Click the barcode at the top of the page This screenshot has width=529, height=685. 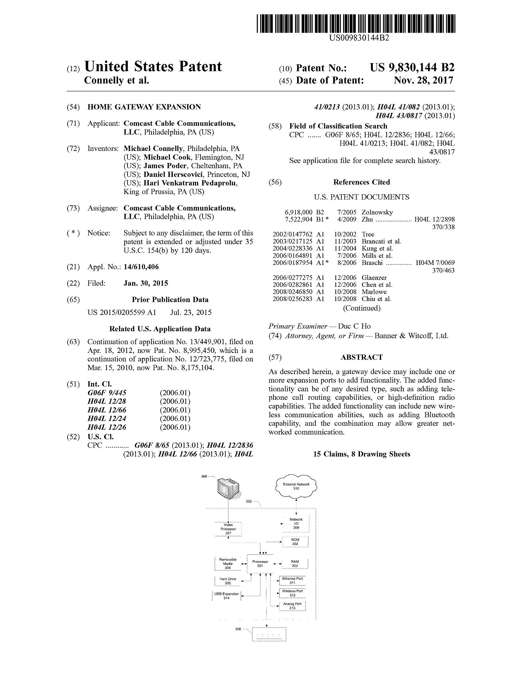(356, 24)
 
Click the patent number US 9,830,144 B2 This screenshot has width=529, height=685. (412, 68)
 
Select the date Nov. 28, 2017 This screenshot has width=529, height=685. (423, 81)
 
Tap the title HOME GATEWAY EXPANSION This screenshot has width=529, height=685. (144, 107)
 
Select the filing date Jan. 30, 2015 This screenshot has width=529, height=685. (146, 283)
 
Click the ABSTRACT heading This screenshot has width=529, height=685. (362, 357)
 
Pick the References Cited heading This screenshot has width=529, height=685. (362, 182)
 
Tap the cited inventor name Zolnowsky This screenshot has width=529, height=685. (377, 212)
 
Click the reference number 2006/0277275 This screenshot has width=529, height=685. (292, 277)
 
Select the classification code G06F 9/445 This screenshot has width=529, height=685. (107, 393)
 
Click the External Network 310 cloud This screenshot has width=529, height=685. (296, 486)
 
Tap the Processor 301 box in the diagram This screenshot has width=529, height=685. (260, 564)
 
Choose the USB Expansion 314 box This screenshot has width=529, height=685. (227, 596)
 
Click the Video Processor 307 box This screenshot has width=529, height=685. (228, 529)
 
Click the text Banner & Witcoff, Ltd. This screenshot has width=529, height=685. (411, 336)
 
